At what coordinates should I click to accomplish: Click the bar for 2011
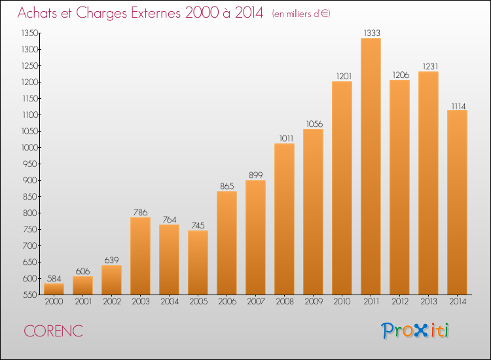[x=371, y=166]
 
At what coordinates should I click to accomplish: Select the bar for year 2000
[x=54, y=289]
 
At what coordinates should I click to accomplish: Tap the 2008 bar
[x=284, y=219]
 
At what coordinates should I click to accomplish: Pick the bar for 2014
[x=457, y=202]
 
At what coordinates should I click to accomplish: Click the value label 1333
[x=372, y=33]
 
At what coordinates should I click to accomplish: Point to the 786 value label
[x=140, y=212]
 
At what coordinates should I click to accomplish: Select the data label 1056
[x=314, y=124]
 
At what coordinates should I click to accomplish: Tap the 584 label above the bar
[x=54, y=278]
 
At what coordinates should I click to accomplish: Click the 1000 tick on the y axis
[x=29, y=147]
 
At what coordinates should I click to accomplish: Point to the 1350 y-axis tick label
[x=29, y=33]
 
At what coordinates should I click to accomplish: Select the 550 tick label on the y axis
[x=30, y=295]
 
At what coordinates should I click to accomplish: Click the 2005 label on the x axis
[x=198, y=301]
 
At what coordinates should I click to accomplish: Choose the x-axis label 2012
[x=400, y=301]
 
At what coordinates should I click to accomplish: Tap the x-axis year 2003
[x=141, y=301]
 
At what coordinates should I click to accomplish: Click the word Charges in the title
[x=101, y=13]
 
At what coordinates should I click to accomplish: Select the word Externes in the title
[x=156, y=12]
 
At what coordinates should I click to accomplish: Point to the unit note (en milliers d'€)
[x=301, y=14]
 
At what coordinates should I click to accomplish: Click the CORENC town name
[x=53, y=331]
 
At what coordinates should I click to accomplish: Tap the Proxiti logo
[x=415, y=331]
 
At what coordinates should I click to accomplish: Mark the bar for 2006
[x=227, y=243]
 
